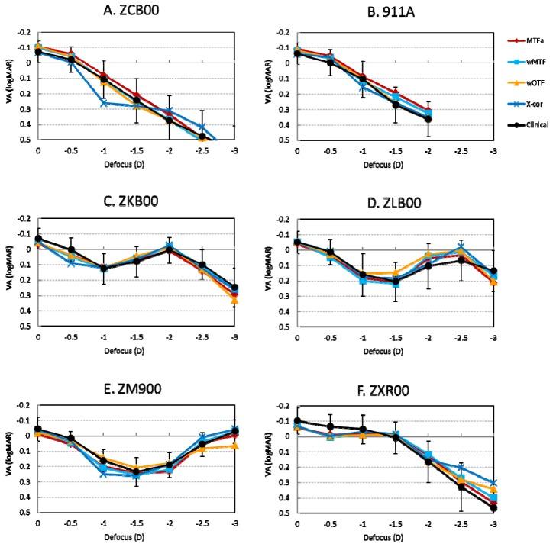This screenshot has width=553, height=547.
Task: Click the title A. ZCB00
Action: pos(137,11)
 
